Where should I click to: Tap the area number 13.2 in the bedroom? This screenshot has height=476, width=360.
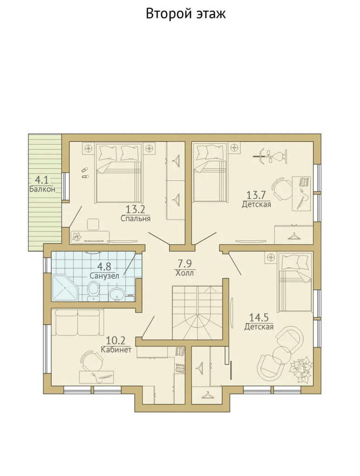[x=136, y=209]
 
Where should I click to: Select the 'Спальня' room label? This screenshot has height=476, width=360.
[x=136, y=218]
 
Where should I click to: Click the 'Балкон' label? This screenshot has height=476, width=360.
[x=42, y=189]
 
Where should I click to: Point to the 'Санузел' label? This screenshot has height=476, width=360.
[x=104, y=276]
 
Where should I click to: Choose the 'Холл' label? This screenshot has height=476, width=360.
[x=184, y=273]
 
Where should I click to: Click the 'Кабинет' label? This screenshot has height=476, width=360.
[x=116, y=350]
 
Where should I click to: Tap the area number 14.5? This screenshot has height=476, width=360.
[x=259, y=317]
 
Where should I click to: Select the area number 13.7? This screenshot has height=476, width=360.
[x=256, y=195]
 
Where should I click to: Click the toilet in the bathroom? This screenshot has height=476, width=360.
[x=93, y=291]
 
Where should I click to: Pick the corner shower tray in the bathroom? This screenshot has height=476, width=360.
[x=65, y=288]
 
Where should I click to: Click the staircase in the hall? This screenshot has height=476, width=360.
[x=197, y=313]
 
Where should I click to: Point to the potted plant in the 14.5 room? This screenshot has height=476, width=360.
[x=300, y=369]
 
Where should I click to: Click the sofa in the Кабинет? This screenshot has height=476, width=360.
[x=77, y=322]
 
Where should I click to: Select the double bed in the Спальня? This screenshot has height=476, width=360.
[x=119, y=173]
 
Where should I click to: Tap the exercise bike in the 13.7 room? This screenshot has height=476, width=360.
[x=270, y=156]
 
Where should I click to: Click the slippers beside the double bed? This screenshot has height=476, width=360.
[x=85, y=172]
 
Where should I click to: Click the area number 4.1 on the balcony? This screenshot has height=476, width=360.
[x=42, y=180]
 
